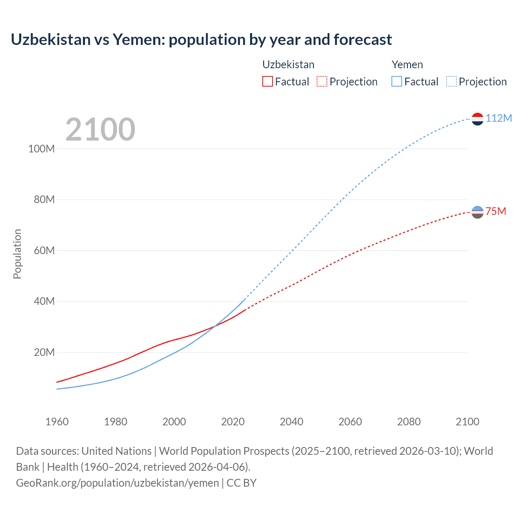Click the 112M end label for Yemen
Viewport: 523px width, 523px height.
(x=498, y=118)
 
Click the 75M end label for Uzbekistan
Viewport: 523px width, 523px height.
(x=496, y=211)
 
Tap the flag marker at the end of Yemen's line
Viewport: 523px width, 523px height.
(x=477, y=119)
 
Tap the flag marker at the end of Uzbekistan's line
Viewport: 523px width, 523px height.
(x=477, y=212)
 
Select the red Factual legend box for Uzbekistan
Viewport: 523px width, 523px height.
(x=267, y=81)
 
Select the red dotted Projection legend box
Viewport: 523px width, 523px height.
(x=322, y=81)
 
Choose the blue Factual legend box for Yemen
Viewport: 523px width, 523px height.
(x=396, y=81)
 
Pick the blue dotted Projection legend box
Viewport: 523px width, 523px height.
(x=451, y=81)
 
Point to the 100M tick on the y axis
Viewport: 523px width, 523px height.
(x=42, y=149)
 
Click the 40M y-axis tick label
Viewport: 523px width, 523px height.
(x=44, y=302)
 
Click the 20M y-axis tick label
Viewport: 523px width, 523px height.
(x=44, y=352)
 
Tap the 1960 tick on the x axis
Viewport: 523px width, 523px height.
(x=57, y=422)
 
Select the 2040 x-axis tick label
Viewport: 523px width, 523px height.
(x=291, y=422)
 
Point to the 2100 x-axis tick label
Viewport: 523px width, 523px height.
(x=467, y=422)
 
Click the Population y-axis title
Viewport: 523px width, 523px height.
(x=17, y=254)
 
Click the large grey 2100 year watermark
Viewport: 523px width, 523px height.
(x=100, y=130)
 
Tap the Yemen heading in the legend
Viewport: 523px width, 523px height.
(x=407, y=65)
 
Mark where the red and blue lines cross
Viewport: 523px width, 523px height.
(x=214, y=326)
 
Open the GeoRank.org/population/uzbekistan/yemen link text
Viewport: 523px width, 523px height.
(x=118, y=483)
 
